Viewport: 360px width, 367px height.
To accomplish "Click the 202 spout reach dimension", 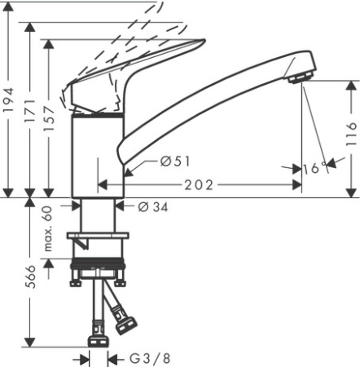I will [198, 185].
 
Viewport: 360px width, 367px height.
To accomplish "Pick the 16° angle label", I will [314, 167].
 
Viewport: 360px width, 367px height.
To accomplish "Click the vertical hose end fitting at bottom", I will [99, 335].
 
